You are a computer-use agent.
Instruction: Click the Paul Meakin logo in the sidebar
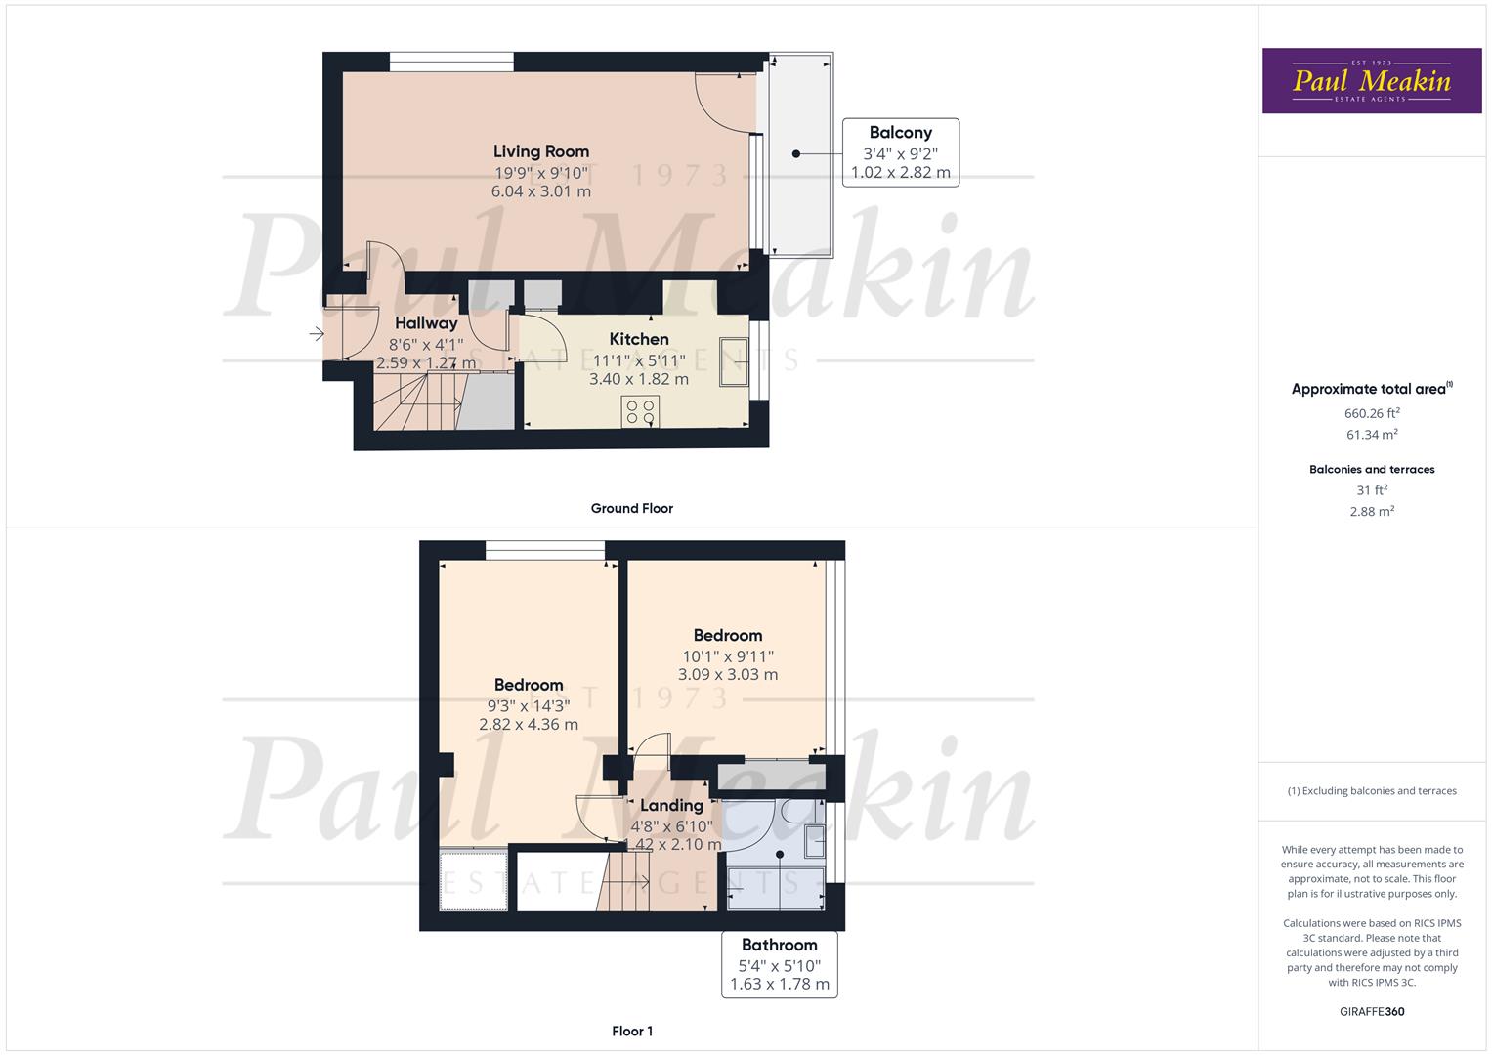click(x=1372, y=81)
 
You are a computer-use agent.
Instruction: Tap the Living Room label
click(x=540, y=151)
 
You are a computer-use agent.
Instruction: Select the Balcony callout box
click(x=900, y=152)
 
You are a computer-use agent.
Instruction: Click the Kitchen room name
click(x=639, y=339)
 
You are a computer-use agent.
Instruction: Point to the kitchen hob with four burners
click(x=641, y=411)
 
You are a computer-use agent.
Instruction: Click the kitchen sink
click(x=734, y=360)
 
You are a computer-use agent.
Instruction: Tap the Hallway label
click(x=426, y=323)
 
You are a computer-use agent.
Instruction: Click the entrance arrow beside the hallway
click(x=317, y=335)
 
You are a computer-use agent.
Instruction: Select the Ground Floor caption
click(x=631, y=508)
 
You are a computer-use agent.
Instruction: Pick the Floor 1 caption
click(x=631, y=1031)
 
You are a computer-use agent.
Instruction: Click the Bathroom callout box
click(x=779, y=964)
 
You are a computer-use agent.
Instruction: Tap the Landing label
click(x=671, y=806)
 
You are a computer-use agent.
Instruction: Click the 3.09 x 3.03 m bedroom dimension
click(x=728, y=674)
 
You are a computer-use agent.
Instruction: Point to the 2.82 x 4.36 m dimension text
click(x=529, y=725)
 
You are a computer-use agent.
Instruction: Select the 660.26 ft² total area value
click(x=1372, y=413)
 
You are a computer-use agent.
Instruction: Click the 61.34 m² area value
click(x=1372, y=435)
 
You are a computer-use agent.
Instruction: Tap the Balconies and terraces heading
click(x=1372, y=470)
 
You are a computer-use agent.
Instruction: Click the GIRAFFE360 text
click(x=1372, y=1011)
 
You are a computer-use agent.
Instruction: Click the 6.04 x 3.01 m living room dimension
click(x=540, y=191)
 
